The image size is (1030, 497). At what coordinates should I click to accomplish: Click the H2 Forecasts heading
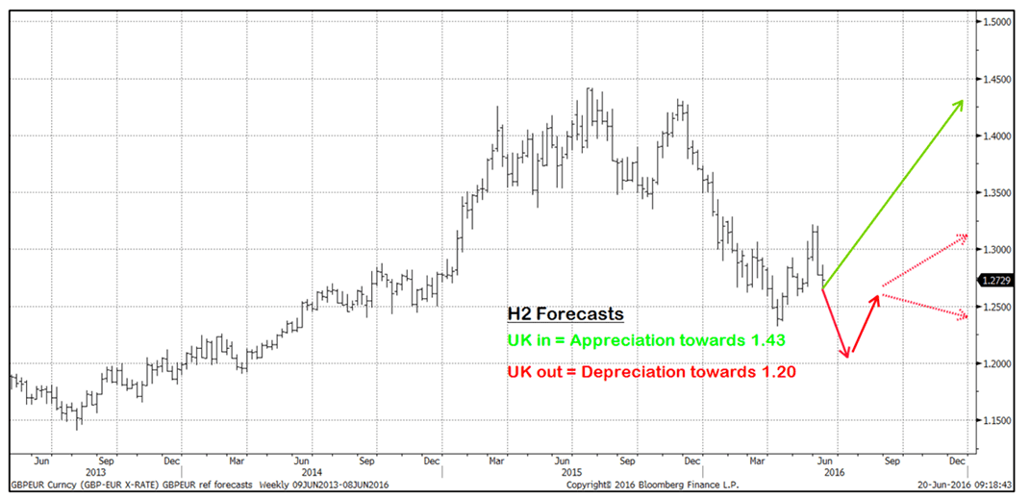pos(565,314)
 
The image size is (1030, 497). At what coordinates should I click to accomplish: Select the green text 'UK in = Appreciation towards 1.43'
pos(641,339)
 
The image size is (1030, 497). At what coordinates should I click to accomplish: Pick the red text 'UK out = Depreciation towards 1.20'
pos(650,371)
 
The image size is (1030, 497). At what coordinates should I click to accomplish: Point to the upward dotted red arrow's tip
pos(967,236)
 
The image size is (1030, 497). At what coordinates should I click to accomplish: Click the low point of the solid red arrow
pos(847,358)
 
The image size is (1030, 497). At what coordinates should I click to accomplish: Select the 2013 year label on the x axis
pos(96,472)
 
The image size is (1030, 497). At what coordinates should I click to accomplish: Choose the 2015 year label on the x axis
pos(572,472)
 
